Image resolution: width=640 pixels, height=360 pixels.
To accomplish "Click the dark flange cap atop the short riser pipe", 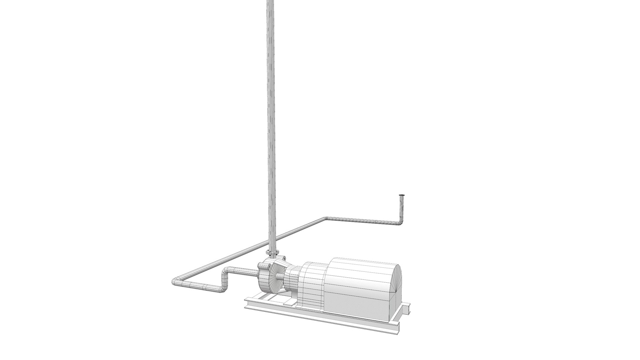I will click(x=402, y=195).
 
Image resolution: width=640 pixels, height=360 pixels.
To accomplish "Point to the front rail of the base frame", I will click(x=317, y=315).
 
